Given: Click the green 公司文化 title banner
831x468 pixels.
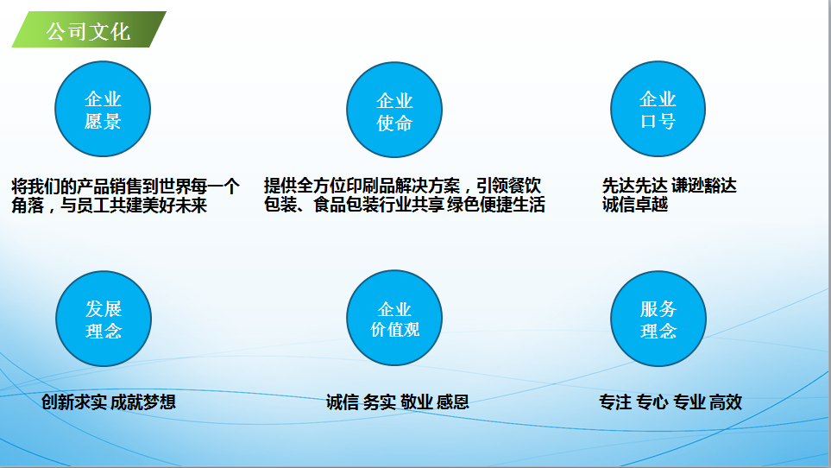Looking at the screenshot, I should coord(88,31).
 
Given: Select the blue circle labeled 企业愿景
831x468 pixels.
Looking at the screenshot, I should coord(103,110).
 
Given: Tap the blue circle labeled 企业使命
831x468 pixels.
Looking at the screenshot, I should coord(394,111).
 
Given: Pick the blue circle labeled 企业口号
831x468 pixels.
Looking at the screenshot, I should coord(658,110).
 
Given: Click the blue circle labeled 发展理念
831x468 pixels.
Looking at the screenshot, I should coord(104,319).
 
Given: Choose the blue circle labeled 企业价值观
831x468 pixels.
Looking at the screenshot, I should coord(394,319).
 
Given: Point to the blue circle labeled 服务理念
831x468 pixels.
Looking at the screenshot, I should coord(658,319).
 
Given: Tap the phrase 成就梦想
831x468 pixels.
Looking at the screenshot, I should coord(143,402).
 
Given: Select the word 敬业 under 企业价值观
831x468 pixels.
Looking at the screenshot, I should coord(416,402).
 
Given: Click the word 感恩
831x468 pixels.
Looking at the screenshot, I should coord(453,402).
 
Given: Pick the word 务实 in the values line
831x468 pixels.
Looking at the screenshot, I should coord(380,402).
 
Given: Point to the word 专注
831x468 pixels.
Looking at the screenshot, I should coord(615,402).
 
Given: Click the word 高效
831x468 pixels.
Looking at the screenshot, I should coord(726,402).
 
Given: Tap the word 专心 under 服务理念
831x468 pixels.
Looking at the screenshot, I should coord(652,402).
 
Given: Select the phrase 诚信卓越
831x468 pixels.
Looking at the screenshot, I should coord(635,206).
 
